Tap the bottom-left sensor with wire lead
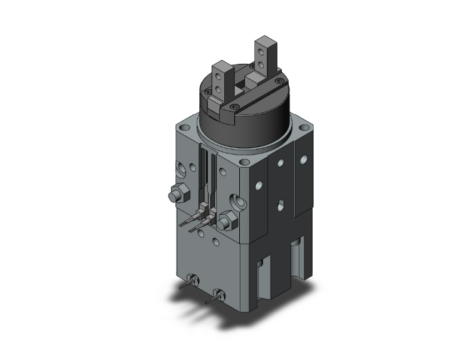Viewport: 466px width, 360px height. click(x=191, y=280)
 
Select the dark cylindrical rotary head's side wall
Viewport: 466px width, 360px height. click(x=244, y=122)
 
